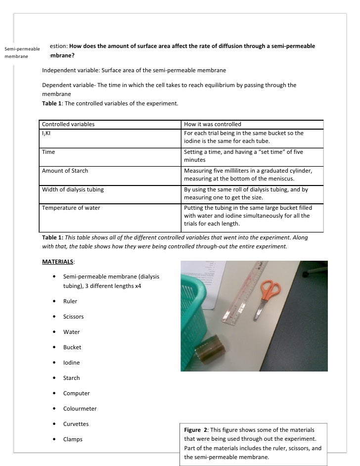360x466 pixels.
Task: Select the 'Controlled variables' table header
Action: coord(68,124)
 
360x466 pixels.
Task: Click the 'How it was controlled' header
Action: coord(212,124)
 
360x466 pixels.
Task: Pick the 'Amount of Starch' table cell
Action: coord(65,171)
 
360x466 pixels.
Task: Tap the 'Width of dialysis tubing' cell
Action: coord(73,189)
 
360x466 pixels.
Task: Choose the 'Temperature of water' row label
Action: coord(71,208)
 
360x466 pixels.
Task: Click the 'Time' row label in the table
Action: coord(48,152)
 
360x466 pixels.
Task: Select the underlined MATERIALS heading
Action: coord(58,262)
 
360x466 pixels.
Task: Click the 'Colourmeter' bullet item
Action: coord(80,409)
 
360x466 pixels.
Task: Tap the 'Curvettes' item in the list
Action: coord(76,424)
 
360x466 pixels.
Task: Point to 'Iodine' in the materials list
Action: coord(71,363)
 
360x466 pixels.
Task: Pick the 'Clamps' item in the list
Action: coord(73,439)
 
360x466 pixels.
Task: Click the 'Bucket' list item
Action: coord(72,347)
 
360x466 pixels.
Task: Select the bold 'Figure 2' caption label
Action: coord(195,429)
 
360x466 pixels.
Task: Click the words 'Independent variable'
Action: coord(70,70)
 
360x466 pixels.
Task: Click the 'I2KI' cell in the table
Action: coord(48,134)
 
